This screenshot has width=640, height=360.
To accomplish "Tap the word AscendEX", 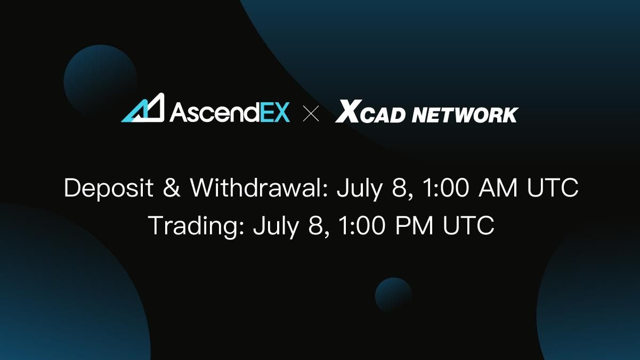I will tap(230, 112).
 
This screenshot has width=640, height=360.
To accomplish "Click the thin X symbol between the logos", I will tap(311, 113).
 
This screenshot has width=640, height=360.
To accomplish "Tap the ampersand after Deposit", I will tap(171, 189).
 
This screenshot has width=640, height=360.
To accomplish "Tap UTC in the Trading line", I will tap(469, 226).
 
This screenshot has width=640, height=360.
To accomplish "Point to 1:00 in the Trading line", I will tap(360, 226).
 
